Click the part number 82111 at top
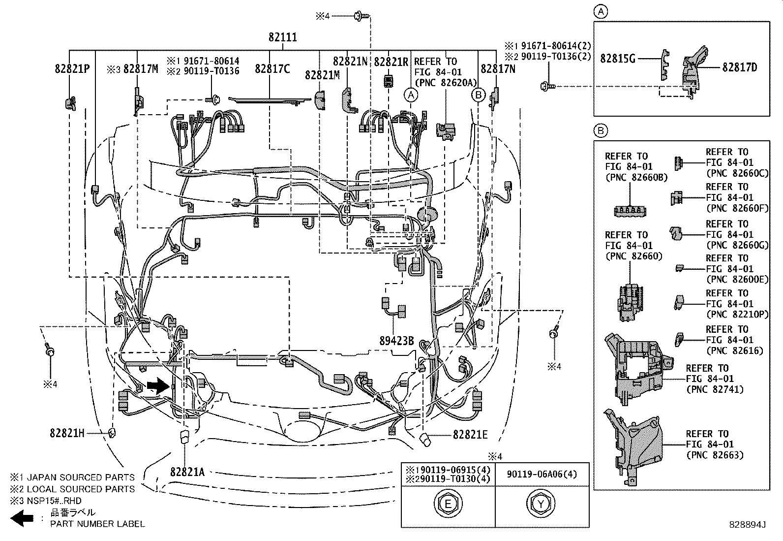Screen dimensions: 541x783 283,37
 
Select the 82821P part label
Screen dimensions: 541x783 72,69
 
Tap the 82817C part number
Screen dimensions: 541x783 272,69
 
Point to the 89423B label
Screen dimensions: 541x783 396,340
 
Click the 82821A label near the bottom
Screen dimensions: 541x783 187,472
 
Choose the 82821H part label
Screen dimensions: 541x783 67,433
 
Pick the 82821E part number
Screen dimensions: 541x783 470,434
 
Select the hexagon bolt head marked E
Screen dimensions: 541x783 448,504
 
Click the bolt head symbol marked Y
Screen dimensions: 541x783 541,504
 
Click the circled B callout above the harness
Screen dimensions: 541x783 478,95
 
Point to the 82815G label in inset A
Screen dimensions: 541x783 618,59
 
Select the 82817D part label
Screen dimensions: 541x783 739,67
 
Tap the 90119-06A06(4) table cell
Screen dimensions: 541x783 542,475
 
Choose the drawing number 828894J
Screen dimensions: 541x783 748,525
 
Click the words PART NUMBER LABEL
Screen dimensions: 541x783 97,524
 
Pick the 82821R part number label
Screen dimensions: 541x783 391,62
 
